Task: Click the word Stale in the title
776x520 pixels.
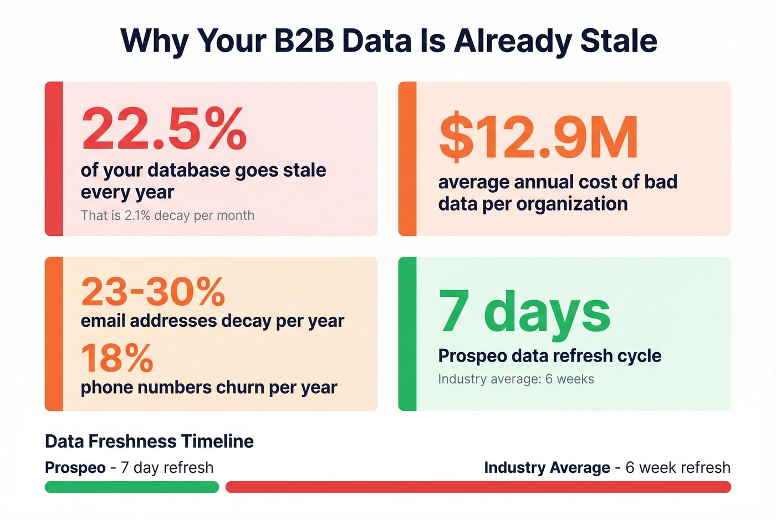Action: click(x=618, y=41)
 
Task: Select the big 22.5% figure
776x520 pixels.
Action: click(x=164, y=130)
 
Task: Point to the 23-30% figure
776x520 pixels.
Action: click(x=153, y=292)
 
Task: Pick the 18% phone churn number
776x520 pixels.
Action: click(x=117, y=358)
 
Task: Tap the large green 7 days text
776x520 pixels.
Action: click(x=524, y=312)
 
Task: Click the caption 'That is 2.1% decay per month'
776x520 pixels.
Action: click(x=167, y=215)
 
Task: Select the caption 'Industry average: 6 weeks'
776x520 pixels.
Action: click(x=515, y=379)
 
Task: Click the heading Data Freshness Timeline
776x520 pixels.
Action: click(x=149, y=441)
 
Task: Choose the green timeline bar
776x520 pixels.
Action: click(x=132, y=487)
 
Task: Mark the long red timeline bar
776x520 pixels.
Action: click(x=478, y=487)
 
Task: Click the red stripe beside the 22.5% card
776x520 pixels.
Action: click(x=54, y=159)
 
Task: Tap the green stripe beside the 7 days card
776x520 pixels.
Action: click(x=407, y=334)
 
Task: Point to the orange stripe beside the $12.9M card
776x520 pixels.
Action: click(x=407, y=159)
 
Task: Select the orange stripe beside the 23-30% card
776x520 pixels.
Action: click(x=54, y=334)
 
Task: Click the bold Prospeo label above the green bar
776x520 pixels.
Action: click(x=75, y=468)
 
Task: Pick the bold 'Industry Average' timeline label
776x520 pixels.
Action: click(x=547, y=468)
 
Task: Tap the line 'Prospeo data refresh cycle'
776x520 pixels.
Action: click(x=549, y=356)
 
